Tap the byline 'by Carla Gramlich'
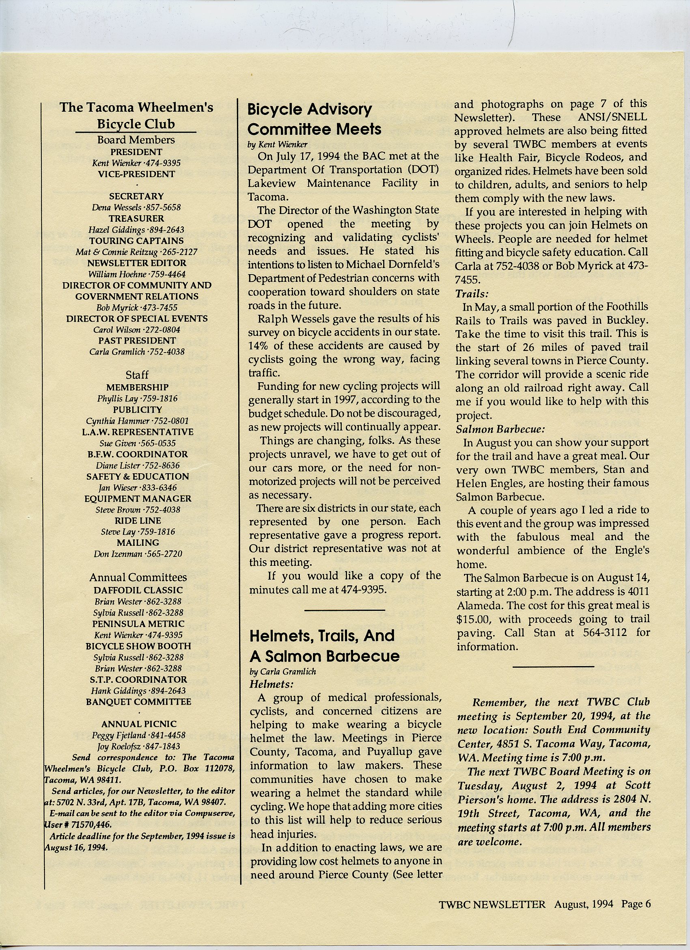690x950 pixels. click(x=282, y=671)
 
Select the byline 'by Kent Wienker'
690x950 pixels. click(x=277, y=145)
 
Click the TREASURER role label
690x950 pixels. click(x=136, y=219)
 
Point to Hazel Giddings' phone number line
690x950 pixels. click(x=136, y=230)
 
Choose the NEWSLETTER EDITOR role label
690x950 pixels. click(x=136, y=263)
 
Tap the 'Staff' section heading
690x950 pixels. click(x=137, y=375)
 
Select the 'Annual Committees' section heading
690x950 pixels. click(x=138, y=577)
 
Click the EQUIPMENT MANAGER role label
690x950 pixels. click(x=138, y=498)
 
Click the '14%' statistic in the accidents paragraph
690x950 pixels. click(x=257, y=346)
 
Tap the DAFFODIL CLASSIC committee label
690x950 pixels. click(x=138, y=590)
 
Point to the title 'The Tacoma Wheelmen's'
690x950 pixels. click(x=136, y=107)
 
